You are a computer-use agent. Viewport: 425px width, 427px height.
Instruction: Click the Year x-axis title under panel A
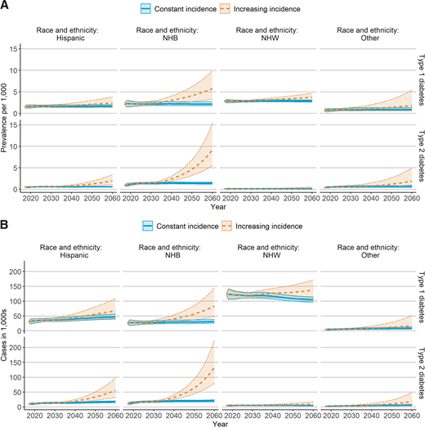(x=217, y=208)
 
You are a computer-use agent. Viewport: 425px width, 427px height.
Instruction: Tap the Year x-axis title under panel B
(x=217, y=423)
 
